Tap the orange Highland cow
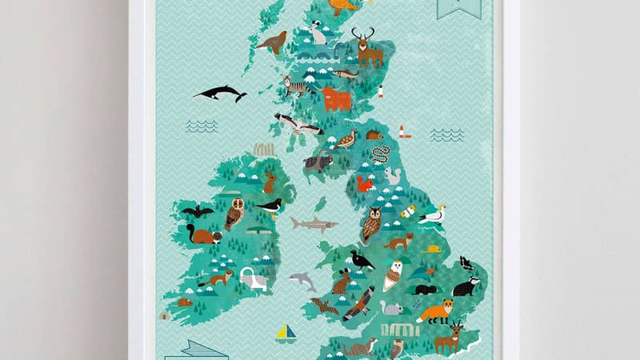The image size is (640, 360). (336, 99)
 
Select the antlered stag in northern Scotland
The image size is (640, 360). (367, 49)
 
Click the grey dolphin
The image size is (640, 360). (302, 281)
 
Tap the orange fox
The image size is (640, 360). (435, 310)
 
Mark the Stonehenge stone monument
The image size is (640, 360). (399, 329)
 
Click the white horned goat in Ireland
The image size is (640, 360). (254, 278)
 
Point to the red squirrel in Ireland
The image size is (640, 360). (203, 234)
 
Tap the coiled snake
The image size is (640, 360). (382, 154)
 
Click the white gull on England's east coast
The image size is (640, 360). (434, 214)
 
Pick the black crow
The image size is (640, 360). (362, 259)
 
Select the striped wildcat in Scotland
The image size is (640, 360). (298, 86)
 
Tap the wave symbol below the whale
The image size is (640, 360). (202, 125)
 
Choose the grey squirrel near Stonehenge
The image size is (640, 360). (391, 307)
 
